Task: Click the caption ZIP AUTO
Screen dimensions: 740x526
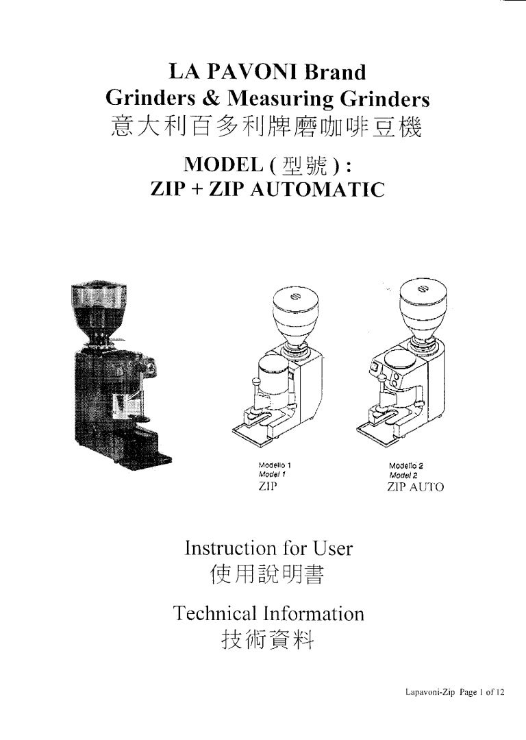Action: click(x=415, y=487)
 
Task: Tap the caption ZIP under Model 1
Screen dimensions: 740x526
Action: click(x=264, y=487)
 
